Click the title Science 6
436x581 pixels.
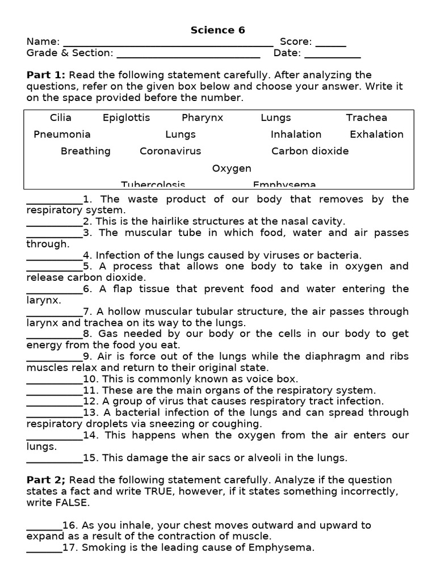pyautogui.click(x=217, y=30)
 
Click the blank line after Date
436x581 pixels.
pyautogui.click(x=332, y=55)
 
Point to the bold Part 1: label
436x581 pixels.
pyautogui.click(x=46, y=75)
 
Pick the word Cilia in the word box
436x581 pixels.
pyautogui.click(x=61, y=117)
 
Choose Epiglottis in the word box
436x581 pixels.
pyautogui.click(x=126, y=117)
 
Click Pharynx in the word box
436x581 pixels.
pyautogui.click(x=202, y=117)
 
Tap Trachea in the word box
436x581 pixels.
pyautogui.click(x=366, y=117)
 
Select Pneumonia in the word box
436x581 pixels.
pyautogui.click(x=62, y=134)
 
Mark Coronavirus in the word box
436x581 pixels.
pyautogui.click(x=170, y=151)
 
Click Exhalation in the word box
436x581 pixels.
pyautogui.click(x=376, y=134)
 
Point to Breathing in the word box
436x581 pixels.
pyautogui.click(x=86, y=151)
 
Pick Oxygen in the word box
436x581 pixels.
pyautogui.click(x=232, y=169)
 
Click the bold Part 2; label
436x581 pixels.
pyautogui.click(x=46, y=480)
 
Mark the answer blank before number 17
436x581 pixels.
pyautogui.click(x=44, y=549)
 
